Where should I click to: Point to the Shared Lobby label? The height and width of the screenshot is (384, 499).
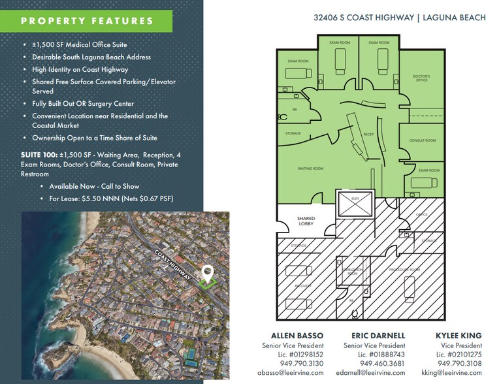(306, 221)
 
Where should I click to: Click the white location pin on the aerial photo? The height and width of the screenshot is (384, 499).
(208, 272)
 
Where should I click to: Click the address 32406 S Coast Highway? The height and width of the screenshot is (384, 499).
(372, 18)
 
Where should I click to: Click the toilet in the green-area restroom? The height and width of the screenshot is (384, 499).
(282, 118)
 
